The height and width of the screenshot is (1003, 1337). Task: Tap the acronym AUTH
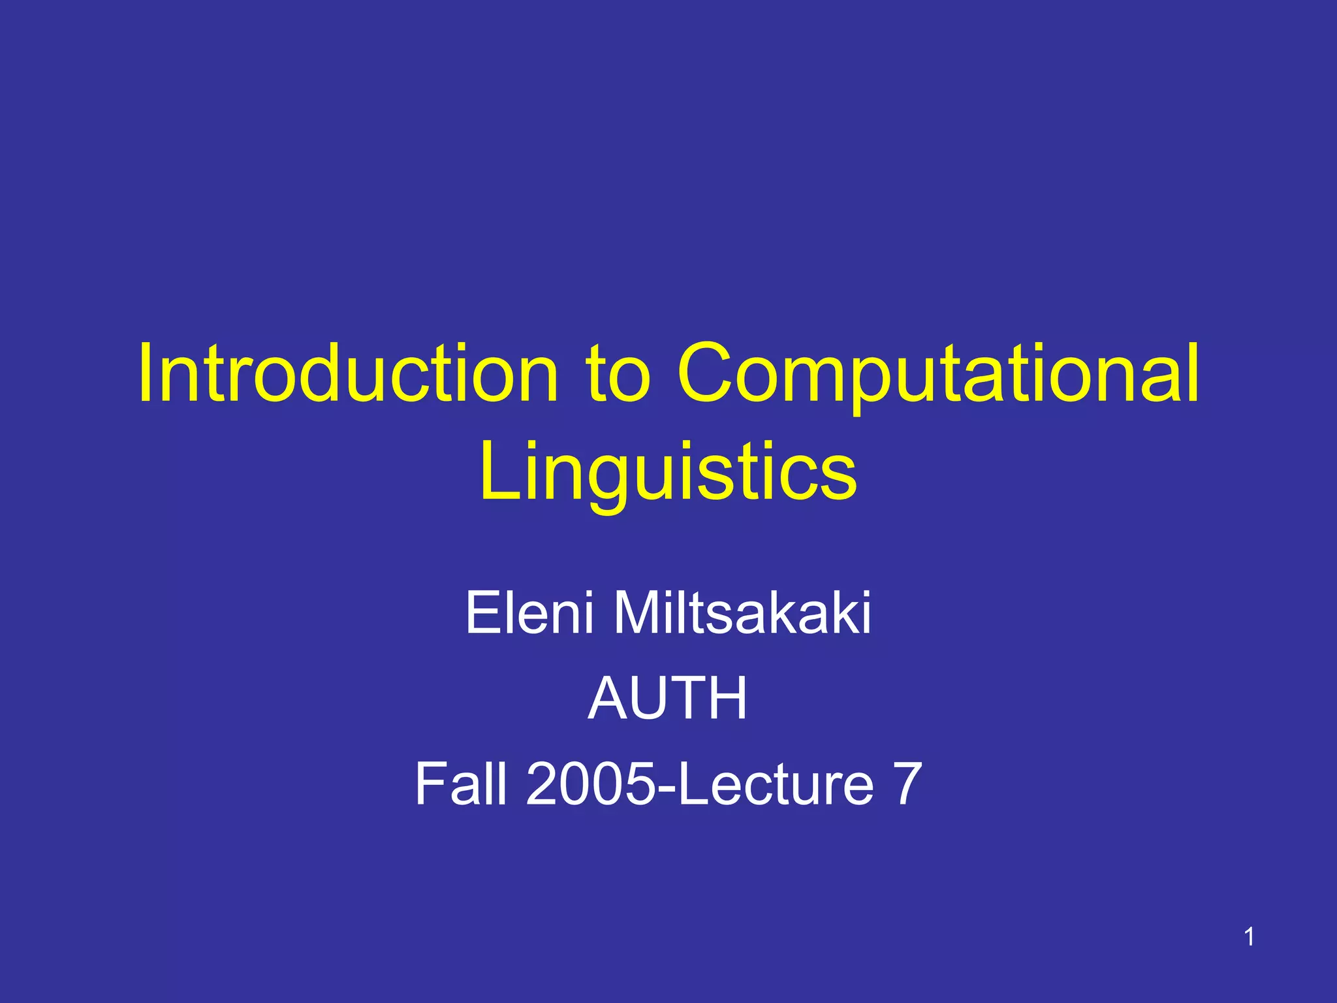[x=667, y=698]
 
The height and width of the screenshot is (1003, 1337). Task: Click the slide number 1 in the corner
[x=1248, y=937]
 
